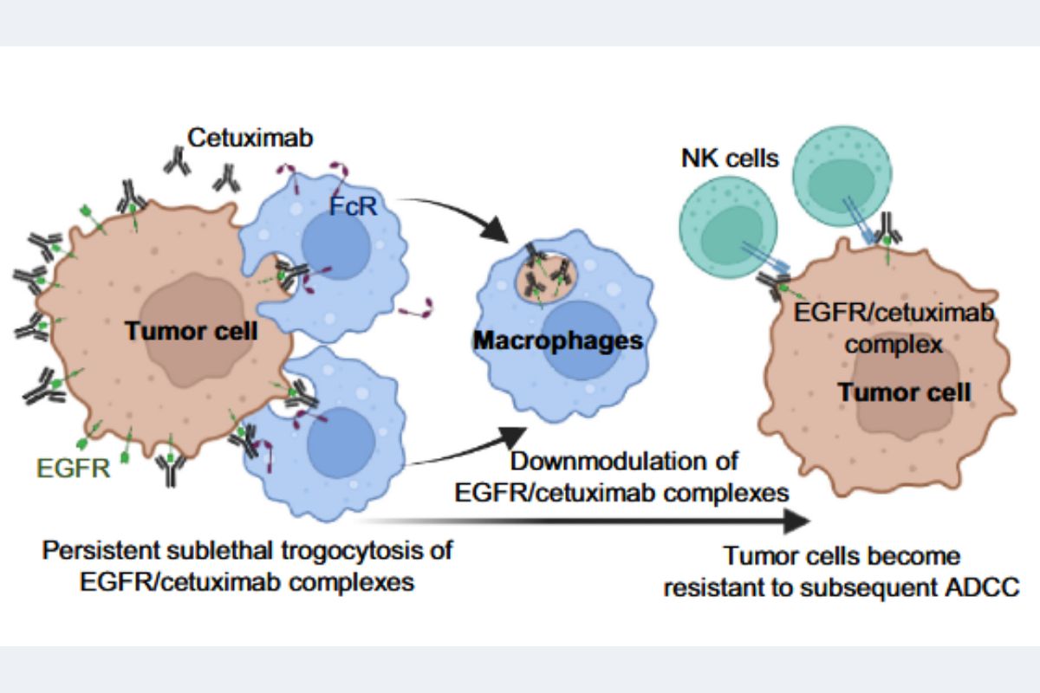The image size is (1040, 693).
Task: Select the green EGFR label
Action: coord(73,469)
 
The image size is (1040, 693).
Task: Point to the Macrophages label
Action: coord(558,341)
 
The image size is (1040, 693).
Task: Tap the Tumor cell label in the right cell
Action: coord(904,392)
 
